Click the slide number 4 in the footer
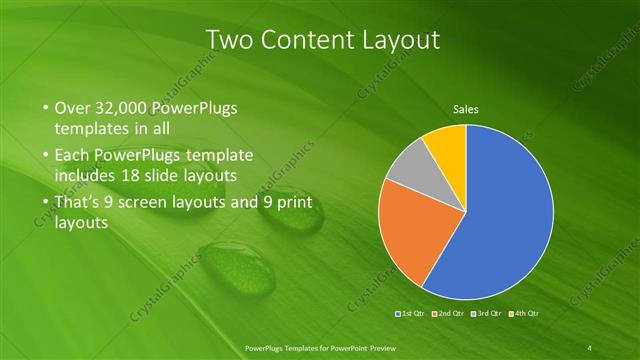590,347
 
